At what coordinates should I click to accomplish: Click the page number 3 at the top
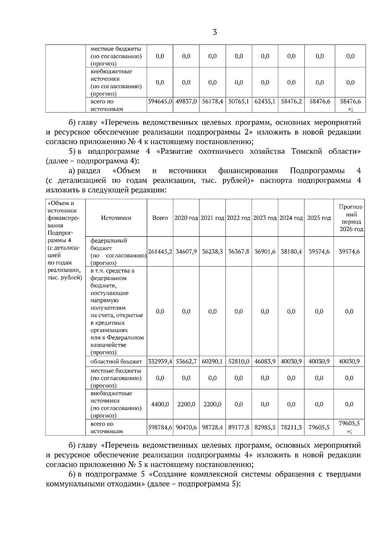click(x=214, y=32)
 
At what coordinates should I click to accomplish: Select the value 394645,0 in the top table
click(x=160, y=102)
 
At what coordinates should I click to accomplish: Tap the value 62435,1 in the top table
click(x=265, y=102)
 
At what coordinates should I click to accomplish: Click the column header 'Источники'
click(x=116, y=218)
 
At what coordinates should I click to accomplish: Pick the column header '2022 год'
click(x=239, y=218)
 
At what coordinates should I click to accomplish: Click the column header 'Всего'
click(x=160, y=218)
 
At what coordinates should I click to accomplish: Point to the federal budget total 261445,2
click(x=160, y=251)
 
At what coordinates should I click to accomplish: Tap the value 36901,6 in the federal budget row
click(x=265, y=251)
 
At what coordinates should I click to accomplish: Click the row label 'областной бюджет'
click(x=116, y=361)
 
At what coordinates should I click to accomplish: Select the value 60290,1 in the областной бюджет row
click(x=212, y=361)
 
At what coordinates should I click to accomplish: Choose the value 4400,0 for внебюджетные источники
click(x=160, y=404)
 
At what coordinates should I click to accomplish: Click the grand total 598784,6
click(x=160, y=427)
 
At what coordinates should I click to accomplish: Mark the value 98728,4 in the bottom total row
click(x=212, y=427)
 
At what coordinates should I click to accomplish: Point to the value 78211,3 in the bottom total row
click(x=291, y=427)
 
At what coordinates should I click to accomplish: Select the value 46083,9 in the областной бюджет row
click(x=265, y=361)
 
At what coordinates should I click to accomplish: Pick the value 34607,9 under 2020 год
click(x=186, y=251)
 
